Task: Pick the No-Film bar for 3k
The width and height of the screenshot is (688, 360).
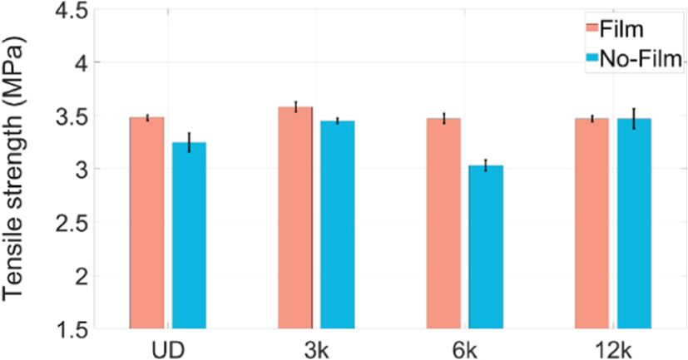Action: pos(338,224)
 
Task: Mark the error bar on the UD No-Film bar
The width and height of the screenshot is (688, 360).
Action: pos(189,142)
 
